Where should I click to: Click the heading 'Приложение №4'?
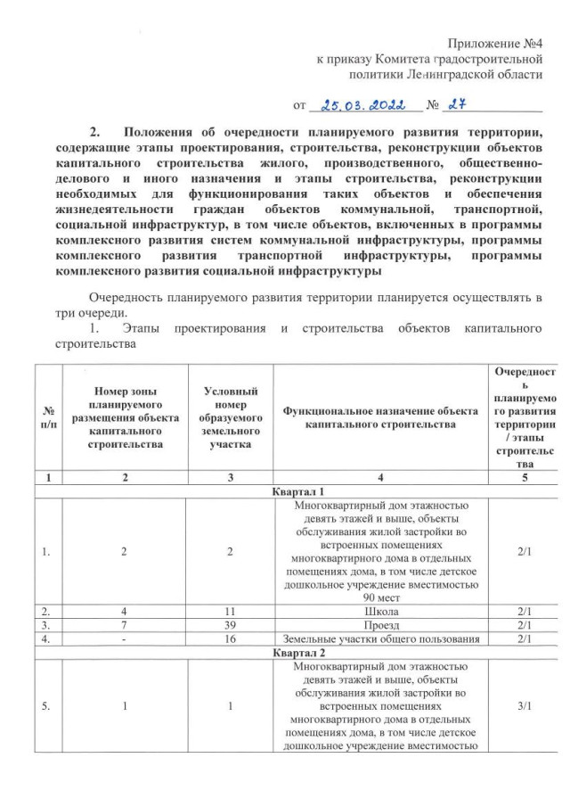pos(495,43)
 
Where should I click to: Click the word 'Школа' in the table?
pos(380,611)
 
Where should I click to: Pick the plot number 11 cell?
pos(230,611)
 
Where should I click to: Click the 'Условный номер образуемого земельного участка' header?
pos(230,416)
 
